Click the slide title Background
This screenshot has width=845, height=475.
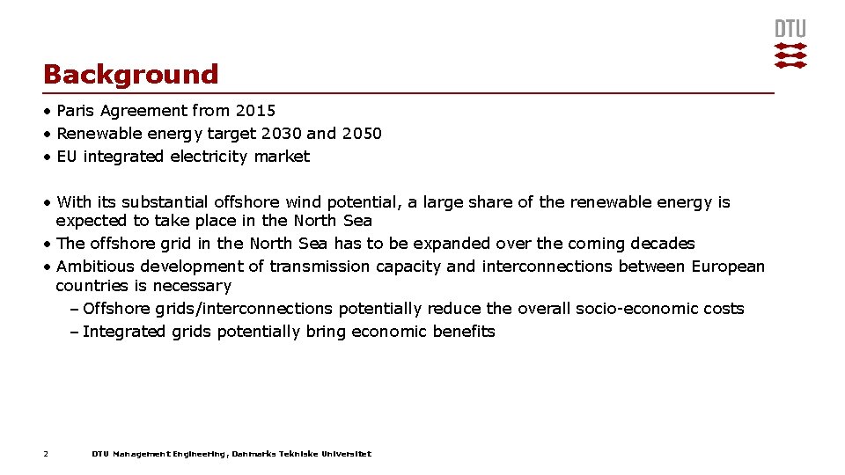tap(130, 75)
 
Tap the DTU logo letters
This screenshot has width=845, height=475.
tap(790, 29)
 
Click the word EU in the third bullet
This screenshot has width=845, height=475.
tap(67, 157)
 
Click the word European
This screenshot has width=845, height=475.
tap(728, 267)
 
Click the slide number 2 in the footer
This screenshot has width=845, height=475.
tap(46, 454)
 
